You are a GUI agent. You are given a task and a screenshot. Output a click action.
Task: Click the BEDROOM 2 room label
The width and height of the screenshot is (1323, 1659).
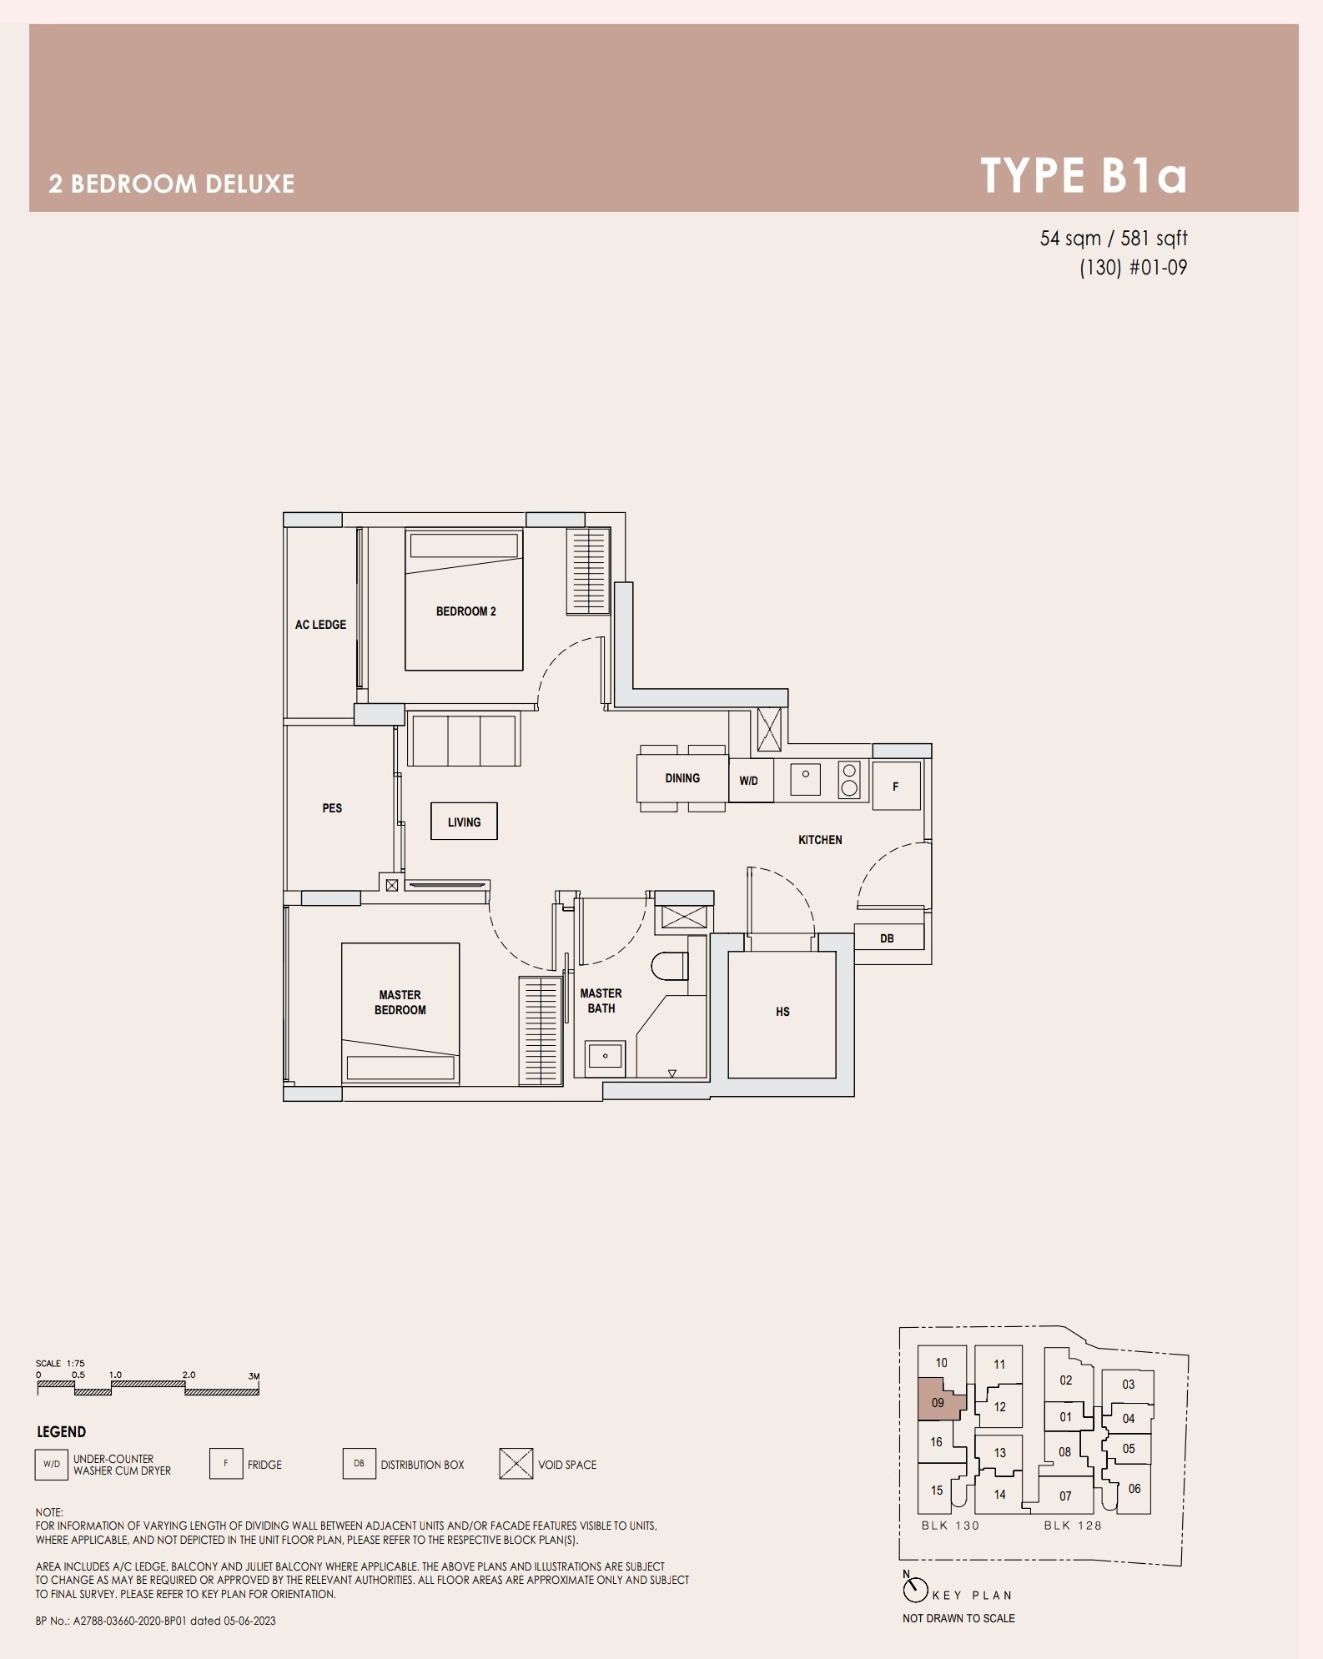pos(465,611)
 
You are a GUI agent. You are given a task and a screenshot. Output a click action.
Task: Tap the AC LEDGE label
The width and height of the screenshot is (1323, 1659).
pos(320,625)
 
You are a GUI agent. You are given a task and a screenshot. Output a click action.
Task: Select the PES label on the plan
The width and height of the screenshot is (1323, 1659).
pos(332,808)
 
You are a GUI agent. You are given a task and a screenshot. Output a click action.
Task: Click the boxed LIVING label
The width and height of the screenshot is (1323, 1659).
pos(464,822)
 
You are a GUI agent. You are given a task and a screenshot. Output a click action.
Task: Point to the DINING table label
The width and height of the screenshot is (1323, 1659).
pos(682,778)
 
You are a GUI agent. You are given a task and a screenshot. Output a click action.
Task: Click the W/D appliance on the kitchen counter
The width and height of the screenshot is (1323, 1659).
pos(750,781)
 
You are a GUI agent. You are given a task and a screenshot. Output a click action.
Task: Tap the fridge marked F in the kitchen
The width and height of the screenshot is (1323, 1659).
pos(896,786)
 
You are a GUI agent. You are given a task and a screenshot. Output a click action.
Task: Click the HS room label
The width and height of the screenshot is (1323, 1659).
pos(782,1012)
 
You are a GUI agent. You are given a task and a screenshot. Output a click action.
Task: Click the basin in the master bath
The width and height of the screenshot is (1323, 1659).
pos(605,1056)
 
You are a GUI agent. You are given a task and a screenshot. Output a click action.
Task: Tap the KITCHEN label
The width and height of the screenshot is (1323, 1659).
pos(820,840)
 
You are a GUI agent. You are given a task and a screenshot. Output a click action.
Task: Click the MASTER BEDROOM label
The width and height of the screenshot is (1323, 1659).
pos(400,1003)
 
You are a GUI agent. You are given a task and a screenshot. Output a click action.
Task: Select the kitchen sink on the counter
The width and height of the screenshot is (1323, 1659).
pos(805,779)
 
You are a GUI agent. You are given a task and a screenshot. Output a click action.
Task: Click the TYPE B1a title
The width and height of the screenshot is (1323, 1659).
pos(1083,175)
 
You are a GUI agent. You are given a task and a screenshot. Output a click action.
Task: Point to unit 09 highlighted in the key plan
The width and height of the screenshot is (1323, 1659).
pos(939,1402)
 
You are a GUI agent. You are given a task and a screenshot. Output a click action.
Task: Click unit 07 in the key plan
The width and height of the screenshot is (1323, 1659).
pos(1065,1496)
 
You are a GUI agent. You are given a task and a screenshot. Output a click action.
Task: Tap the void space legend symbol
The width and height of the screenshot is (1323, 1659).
pos(516,1464)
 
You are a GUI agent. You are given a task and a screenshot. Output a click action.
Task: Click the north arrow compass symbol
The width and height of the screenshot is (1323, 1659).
pos(915,1590)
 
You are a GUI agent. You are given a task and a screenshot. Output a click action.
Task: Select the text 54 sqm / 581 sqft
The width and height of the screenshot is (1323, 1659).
pos(1113,239)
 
